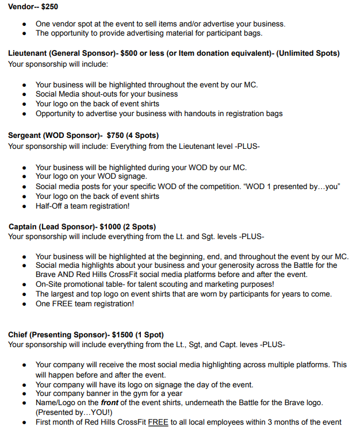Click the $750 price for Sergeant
[x=117, y=136]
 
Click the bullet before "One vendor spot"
[x=24, y=24]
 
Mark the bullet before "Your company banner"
[x=24, y=394]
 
